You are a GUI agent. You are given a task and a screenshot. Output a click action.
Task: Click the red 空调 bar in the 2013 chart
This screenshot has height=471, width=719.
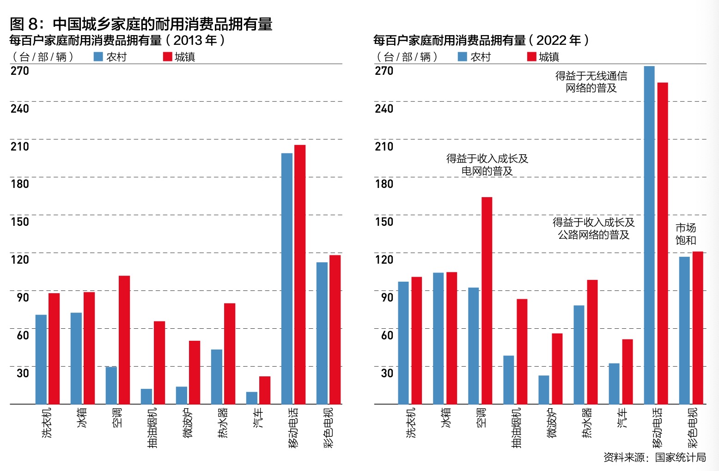[x=124, y=340]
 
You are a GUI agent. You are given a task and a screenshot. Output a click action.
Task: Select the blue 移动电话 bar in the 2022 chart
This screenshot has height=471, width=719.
[x=649, y=235]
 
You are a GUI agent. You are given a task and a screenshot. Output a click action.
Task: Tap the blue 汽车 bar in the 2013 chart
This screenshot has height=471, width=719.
[x=252, y=398]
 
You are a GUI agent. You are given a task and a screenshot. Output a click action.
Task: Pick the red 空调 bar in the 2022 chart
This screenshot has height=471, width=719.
[x=487, y=301]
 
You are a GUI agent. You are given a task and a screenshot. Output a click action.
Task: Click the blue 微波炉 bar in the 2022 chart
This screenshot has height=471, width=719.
[x=544, y=390]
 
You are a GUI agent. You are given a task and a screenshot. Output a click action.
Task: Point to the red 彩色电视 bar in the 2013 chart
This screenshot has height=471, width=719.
[x=335, y=330]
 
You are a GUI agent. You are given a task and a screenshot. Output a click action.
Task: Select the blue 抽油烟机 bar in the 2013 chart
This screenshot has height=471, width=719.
[x=146, y=396]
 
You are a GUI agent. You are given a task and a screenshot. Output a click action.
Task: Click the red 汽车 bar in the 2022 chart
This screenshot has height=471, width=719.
[x=628, y=372]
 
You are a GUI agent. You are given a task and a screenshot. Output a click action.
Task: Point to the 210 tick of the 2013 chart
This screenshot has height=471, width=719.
[x=20, y=146]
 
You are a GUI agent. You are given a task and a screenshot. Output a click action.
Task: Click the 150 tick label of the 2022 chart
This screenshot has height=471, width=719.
[x=384, y=222]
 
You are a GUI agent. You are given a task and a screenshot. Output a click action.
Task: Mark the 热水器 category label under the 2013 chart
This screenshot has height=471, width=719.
[x=223, y=423]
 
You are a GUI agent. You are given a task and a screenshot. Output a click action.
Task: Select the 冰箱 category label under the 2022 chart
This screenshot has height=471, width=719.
[x=446, y=417]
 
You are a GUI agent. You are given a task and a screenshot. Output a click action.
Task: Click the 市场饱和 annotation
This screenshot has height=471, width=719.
[x=686, y=234]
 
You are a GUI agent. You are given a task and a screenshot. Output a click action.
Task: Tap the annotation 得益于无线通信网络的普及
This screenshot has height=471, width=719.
[x=591, y=82]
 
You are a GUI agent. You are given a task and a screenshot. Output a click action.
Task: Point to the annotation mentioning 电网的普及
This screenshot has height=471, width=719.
[x=487, y=165]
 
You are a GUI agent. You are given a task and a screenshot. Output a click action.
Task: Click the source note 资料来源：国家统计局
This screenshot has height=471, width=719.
[x=654, y=457]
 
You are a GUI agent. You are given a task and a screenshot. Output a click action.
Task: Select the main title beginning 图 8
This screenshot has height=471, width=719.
[x=141, y=24]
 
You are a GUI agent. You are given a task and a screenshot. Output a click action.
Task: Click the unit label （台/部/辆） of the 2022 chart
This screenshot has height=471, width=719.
[x=407, y=57]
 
